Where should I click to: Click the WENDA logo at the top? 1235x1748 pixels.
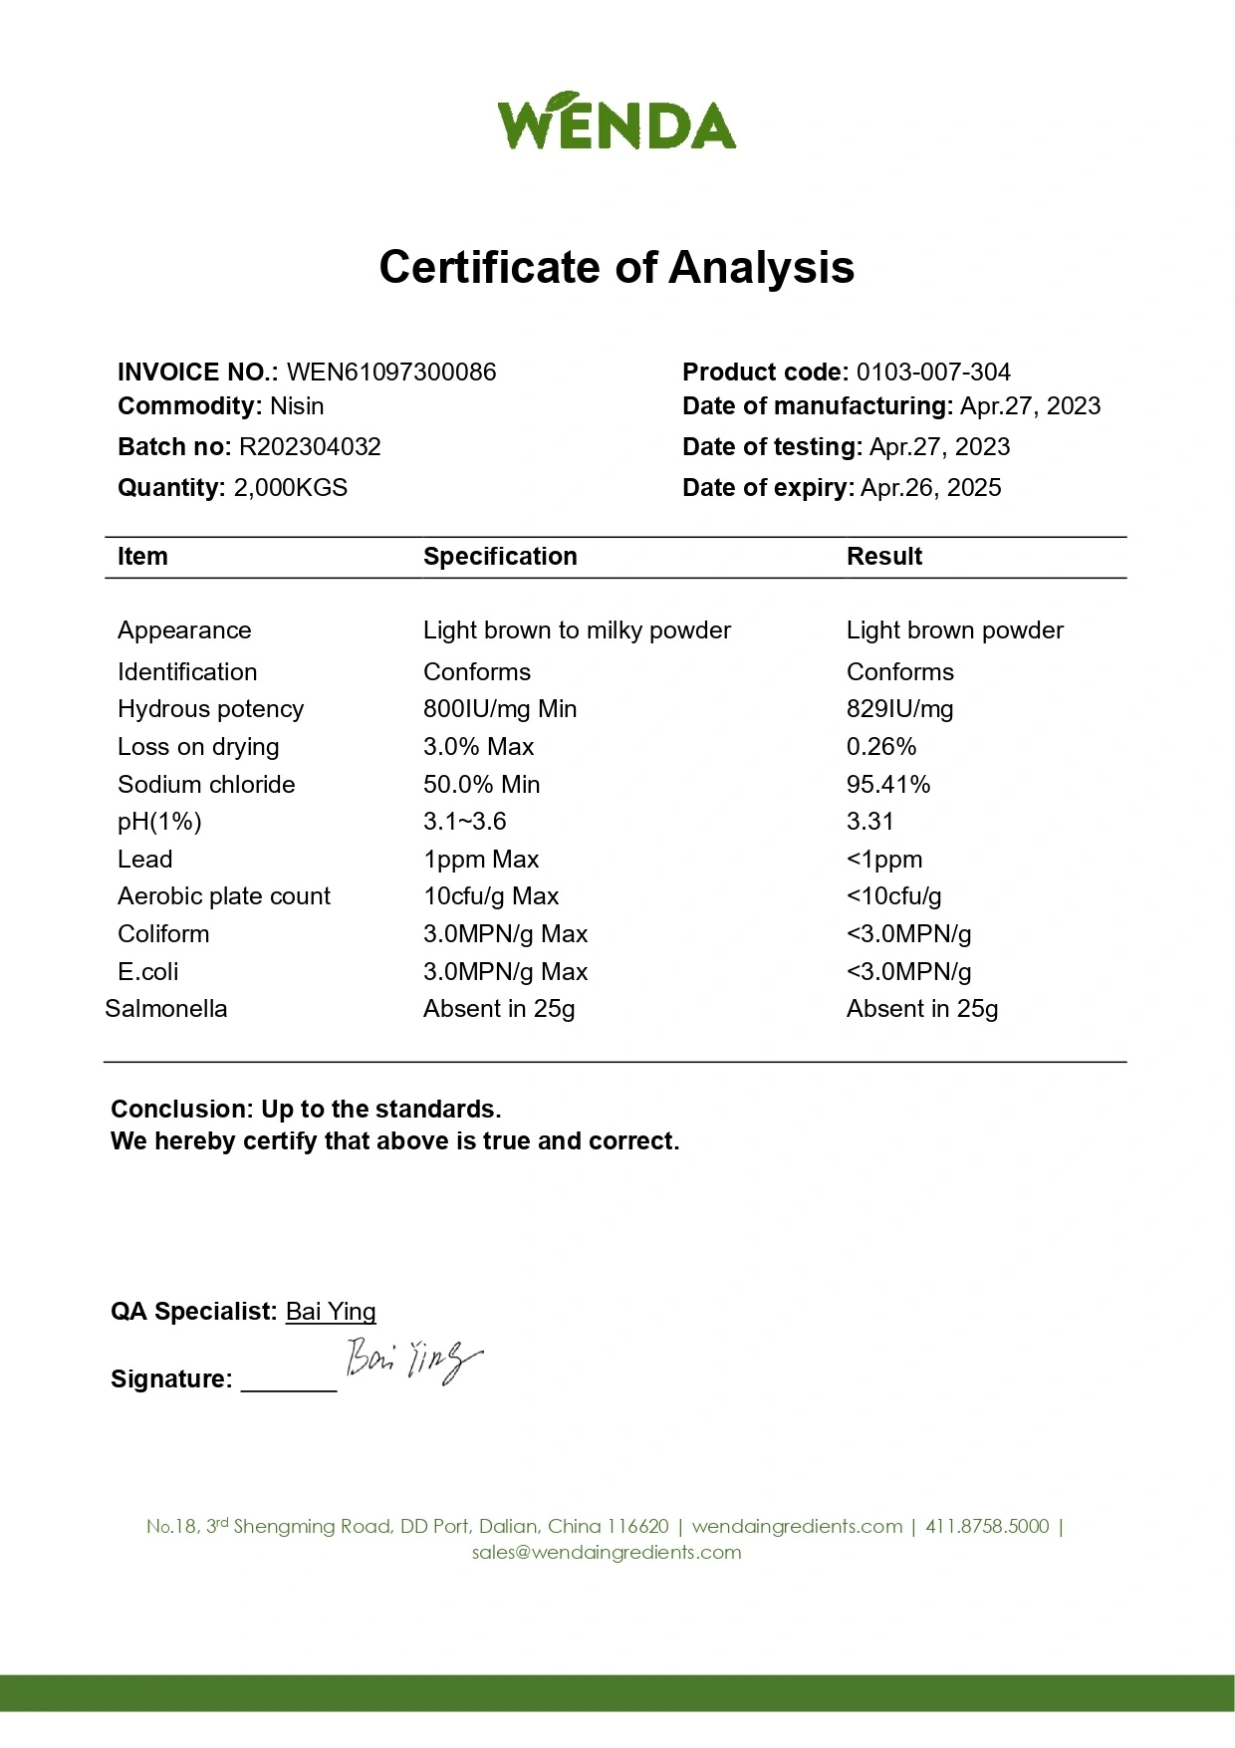coord(617,122)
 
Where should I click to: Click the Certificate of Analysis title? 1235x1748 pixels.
coord(617,267)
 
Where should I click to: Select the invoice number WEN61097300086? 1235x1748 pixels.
coord(391,373)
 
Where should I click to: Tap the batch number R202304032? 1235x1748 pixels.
coord(310,447)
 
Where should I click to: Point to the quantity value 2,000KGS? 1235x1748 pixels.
coord(290,488)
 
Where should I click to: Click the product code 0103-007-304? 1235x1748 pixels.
coord(933,373)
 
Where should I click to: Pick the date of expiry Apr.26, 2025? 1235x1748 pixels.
coord(930,488)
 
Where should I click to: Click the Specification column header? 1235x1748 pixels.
coord(500,557)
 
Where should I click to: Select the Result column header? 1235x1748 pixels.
coord(883,557)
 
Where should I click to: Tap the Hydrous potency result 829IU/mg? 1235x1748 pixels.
coord(899,709)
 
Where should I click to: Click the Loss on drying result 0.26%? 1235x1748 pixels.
coord(881,747)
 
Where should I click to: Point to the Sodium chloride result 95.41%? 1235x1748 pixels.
coord(888,785)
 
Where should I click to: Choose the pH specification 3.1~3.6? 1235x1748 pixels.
coord(464,822)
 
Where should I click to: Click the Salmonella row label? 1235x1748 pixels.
coord(166,1009)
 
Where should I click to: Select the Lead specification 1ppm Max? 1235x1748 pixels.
coord(481,860)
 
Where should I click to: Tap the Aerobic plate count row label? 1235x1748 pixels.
coord(224,896)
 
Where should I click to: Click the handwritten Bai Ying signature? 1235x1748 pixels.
coord(412,1360)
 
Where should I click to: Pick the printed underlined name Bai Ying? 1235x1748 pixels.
coord(331,1312)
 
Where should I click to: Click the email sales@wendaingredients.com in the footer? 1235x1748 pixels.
coord(607,1552)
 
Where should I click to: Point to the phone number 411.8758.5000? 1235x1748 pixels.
coord(987,1526)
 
